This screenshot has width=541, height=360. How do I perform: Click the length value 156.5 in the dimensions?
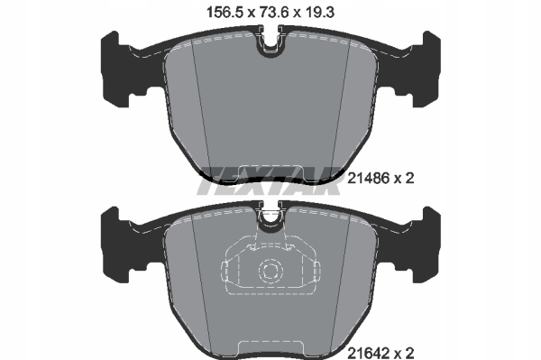[225, 13]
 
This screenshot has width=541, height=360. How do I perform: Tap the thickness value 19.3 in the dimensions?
[319, 13]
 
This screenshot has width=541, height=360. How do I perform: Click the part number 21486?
[368, 179]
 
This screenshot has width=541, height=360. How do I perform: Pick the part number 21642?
[368, 353]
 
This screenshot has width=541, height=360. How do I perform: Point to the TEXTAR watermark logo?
[269, 180]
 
